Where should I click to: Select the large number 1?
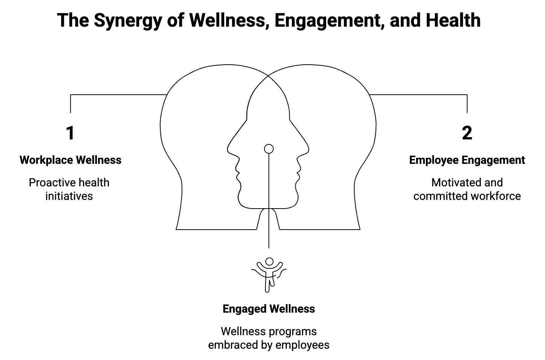point(70,133)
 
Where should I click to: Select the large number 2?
point(467,133)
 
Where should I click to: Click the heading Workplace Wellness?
point(71,160)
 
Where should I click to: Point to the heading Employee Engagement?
point(467,160)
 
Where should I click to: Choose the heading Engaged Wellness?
point(269,309)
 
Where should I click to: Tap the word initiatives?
point(69,196)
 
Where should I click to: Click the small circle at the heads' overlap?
point(269,149)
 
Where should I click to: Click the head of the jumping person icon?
point(269,261)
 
